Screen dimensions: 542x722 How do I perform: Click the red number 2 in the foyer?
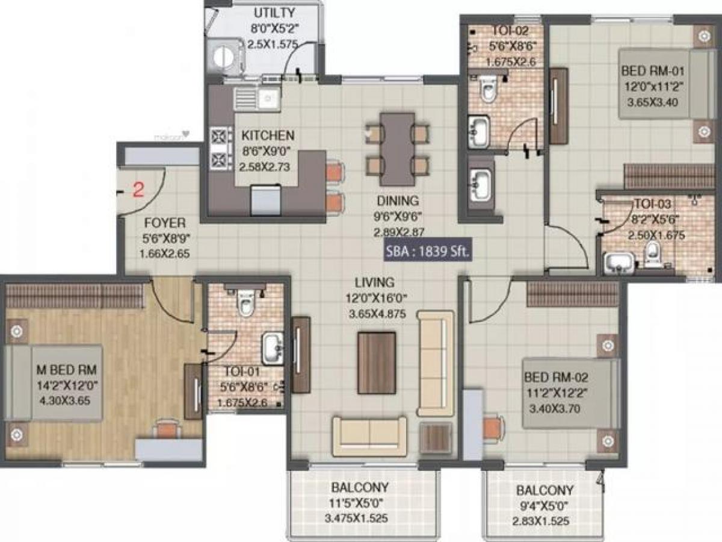[x=138, y=191]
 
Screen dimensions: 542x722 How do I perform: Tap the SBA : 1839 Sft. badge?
[x=428, y=252]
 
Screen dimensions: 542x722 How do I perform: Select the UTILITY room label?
[x=274, y=13]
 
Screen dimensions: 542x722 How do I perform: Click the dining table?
[x=397, y=149]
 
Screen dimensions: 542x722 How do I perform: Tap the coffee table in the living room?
[x=376, y=363]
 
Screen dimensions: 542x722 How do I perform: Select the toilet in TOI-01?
[x=245, y=303]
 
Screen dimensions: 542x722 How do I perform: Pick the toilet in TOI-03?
[x=653, y=256]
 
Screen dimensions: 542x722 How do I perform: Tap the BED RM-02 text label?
[x=556, y=378]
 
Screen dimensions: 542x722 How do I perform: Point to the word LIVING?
[x=374, y=282]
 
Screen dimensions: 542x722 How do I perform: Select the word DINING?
[x=398, y=201]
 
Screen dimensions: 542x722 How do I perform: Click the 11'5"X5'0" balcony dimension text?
[x=360, y=503]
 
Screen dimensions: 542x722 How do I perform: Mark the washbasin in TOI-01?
[x=273, y=348]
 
